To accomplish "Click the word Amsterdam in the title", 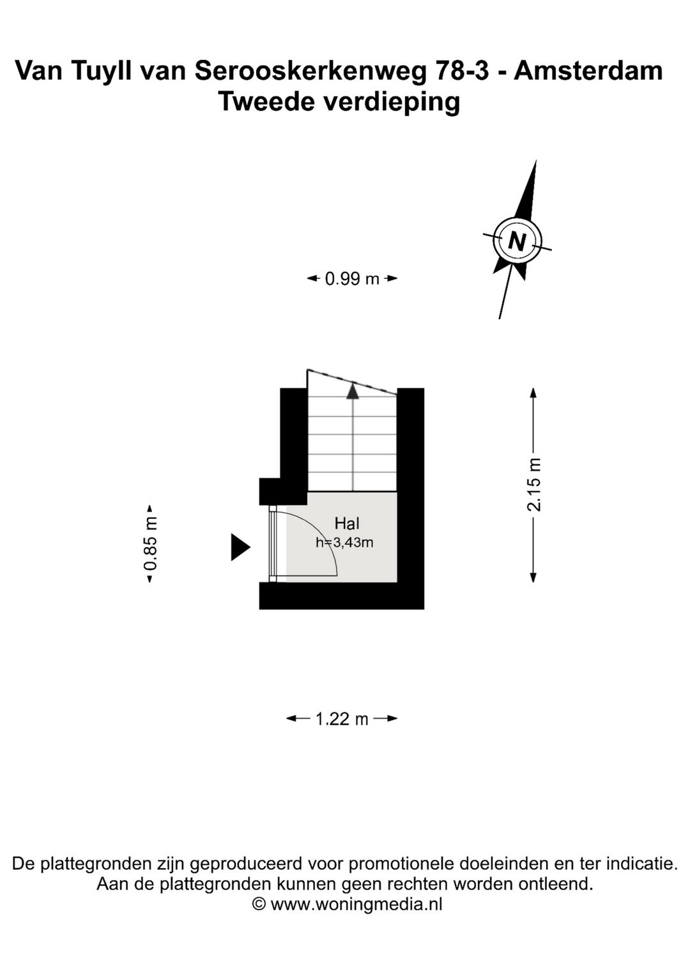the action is point(588,70).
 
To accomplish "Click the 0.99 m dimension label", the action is point(352,278).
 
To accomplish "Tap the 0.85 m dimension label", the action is point(150,543).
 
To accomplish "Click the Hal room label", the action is point(347,523).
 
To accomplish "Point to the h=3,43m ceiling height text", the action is point(344,543).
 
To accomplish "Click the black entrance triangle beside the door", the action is point(240,547).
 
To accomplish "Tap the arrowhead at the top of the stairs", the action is point(353,390).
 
